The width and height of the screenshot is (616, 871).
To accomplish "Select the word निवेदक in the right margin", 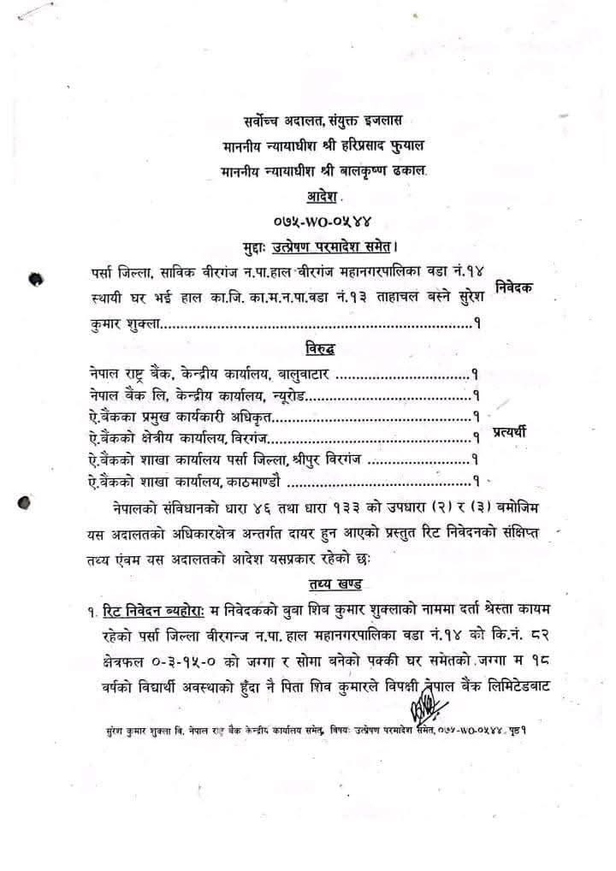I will pyautogui.click(x=516, y=287).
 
